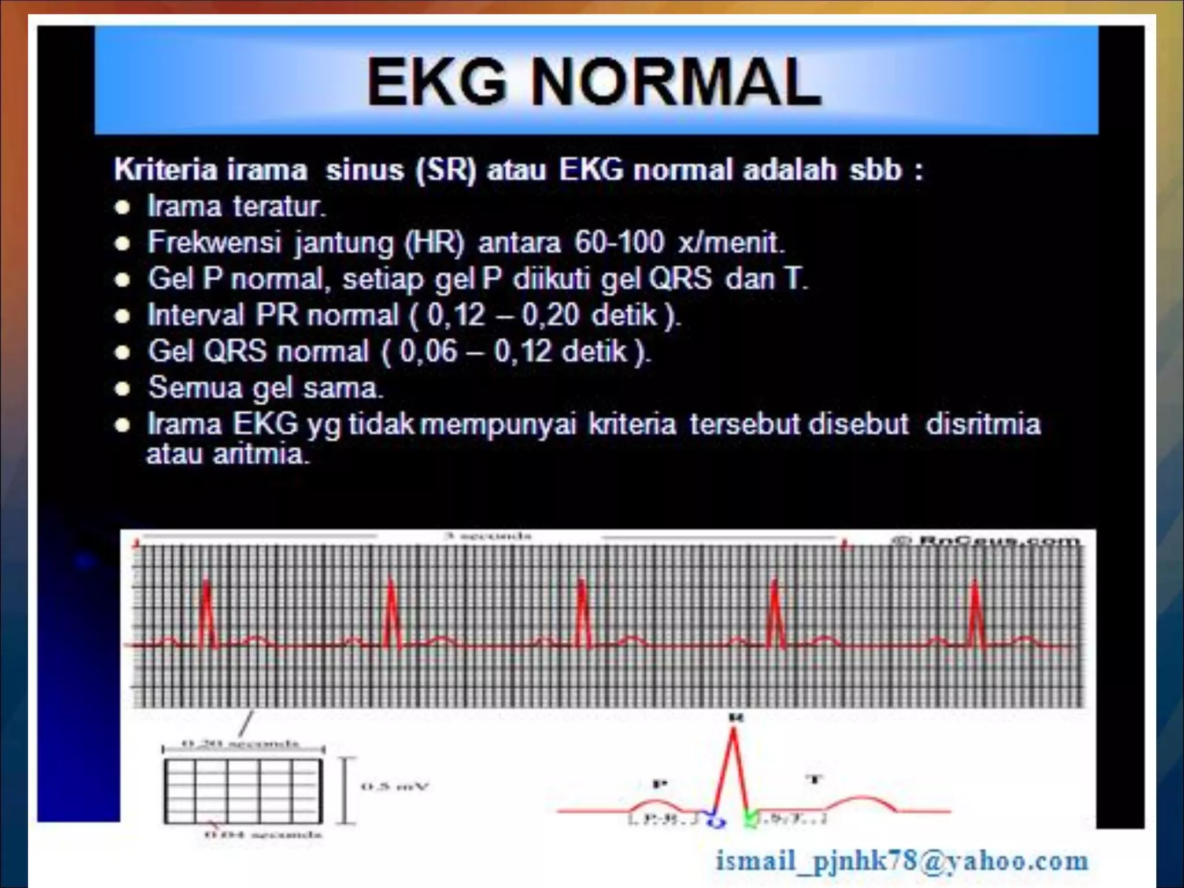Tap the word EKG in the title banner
click(x=436, y=82)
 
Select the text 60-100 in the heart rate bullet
click(x=619, y=242)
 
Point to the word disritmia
click(x=983, y=424)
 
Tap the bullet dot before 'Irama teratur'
click(x=122, y=208)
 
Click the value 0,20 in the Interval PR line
click(x=550, y=316)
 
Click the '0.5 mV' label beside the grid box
click(x=395, y=786)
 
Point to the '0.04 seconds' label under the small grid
click(x=263, y=835)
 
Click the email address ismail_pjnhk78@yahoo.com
click(x=902, y=861)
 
